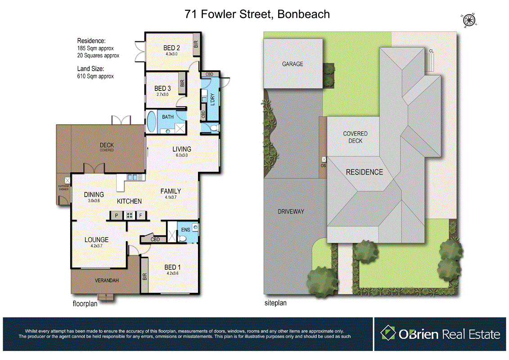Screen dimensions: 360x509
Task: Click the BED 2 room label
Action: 172,48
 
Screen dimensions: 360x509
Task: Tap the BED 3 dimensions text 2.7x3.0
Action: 161,94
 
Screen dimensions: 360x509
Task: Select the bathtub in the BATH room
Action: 152,121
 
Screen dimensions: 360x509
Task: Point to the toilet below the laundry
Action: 213,129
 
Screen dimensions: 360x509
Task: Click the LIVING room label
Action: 182,149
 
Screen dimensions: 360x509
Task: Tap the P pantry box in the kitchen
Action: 116,216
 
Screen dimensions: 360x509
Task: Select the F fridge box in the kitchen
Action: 141,216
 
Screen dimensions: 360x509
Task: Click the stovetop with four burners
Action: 129,216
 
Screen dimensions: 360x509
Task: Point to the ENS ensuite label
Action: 185,229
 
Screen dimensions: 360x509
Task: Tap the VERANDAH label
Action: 107,280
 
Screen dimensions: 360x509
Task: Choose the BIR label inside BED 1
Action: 145,277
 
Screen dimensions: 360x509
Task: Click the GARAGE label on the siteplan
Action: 293,64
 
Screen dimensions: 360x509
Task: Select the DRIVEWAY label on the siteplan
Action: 291,211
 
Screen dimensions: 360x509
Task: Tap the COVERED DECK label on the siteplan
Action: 355,137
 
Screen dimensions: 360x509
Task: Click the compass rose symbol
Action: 469,20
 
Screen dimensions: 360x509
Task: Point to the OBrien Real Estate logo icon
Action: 388,333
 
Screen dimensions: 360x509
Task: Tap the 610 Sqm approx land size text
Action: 95,76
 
